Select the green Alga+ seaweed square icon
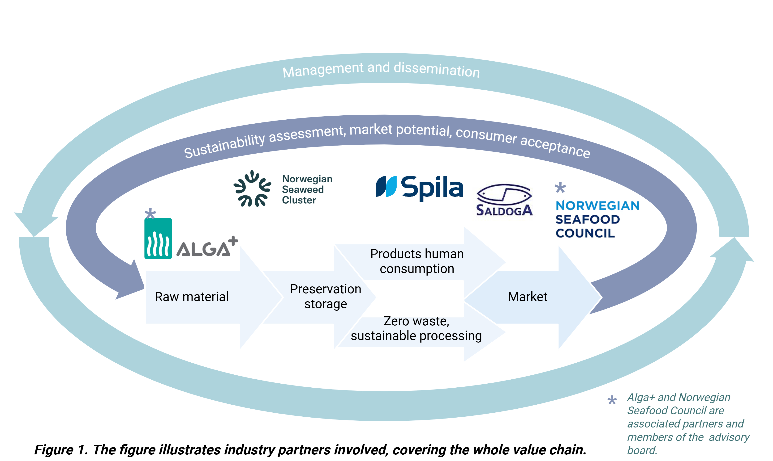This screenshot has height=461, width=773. (x=158, y=239)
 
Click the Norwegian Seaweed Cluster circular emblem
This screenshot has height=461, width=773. (x=252, y=188)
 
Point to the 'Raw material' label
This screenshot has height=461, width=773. (x=192, y=297)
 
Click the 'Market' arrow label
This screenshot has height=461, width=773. (x=528, y=297)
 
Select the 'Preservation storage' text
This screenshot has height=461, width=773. (x=325, y=296)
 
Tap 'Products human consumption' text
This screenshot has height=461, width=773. (x=417, y=261)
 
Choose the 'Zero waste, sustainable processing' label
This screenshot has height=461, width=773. (x=416, y=328)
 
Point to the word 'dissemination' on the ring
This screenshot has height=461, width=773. (x=437, y=69)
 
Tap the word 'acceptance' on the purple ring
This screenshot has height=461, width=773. (x=555, y=146)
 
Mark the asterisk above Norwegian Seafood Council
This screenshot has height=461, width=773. (x=560, y=188)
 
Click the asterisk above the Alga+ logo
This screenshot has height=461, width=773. (x=150, y=214)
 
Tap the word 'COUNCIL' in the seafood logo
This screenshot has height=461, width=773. (x=585, y=233)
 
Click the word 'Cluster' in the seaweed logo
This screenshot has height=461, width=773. (x=299, y=200)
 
